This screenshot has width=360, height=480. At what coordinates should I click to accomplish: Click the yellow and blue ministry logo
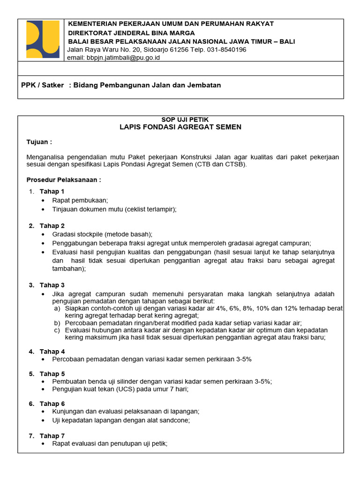(43, 39)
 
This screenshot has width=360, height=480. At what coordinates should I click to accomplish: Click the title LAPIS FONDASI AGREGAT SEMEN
(180, 127)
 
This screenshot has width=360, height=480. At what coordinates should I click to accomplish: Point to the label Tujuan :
(39, 142)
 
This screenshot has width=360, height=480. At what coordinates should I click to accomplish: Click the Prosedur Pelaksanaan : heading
(64, 180)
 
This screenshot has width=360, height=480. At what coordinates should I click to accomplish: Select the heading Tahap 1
(52, 191)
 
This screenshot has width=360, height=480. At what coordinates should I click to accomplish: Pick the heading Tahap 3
(52, 285)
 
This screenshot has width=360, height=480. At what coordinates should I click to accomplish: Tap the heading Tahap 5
(52, 374)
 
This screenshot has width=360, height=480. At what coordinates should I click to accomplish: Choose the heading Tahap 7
(52, 435)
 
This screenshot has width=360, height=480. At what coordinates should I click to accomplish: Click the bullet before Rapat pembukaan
(44, 201)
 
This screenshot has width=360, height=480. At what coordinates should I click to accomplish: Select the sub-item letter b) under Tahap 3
(57, 323)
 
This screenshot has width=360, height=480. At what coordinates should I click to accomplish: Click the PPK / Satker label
(43, 85)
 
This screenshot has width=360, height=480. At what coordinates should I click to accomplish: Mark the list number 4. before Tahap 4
(31, 352)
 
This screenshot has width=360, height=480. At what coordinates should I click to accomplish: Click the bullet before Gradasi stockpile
(44, 234)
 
